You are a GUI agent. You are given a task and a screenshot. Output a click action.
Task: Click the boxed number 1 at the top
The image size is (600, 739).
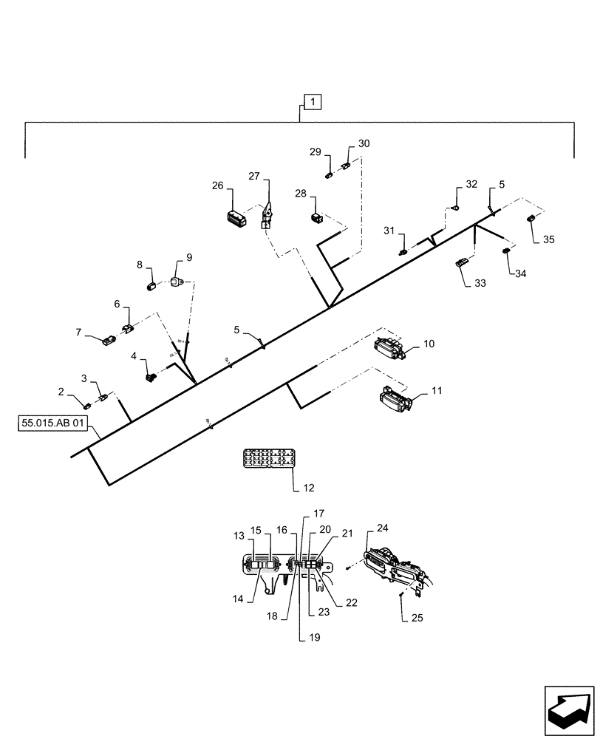[312, 101]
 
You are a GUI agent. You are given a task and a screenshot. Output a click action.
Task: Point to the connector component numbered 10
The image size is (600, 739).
[389, 347]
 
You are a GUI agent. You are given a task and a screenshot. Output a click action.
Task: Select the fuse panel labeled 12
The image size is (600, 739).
[268, 459]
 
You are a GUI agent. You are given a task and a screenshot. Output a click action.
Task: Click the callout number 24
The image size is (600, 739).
[382, 528]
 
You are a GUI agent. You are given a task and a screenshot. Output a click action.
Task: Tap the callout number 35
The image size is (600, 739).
[548, 239]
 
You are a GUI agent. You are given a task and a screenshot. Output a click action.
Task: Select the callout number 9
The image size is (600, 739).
[188, 257]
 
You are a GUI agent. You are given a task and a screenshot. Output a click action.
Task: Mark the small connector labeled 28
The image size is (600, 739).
[316, 217]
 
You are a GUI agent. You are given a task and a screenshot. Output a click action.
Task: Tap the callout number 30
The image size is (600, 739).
[364, 143]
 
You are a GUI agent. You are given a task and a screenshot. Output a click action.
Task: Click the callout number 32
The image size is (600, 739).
[471, 184]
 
